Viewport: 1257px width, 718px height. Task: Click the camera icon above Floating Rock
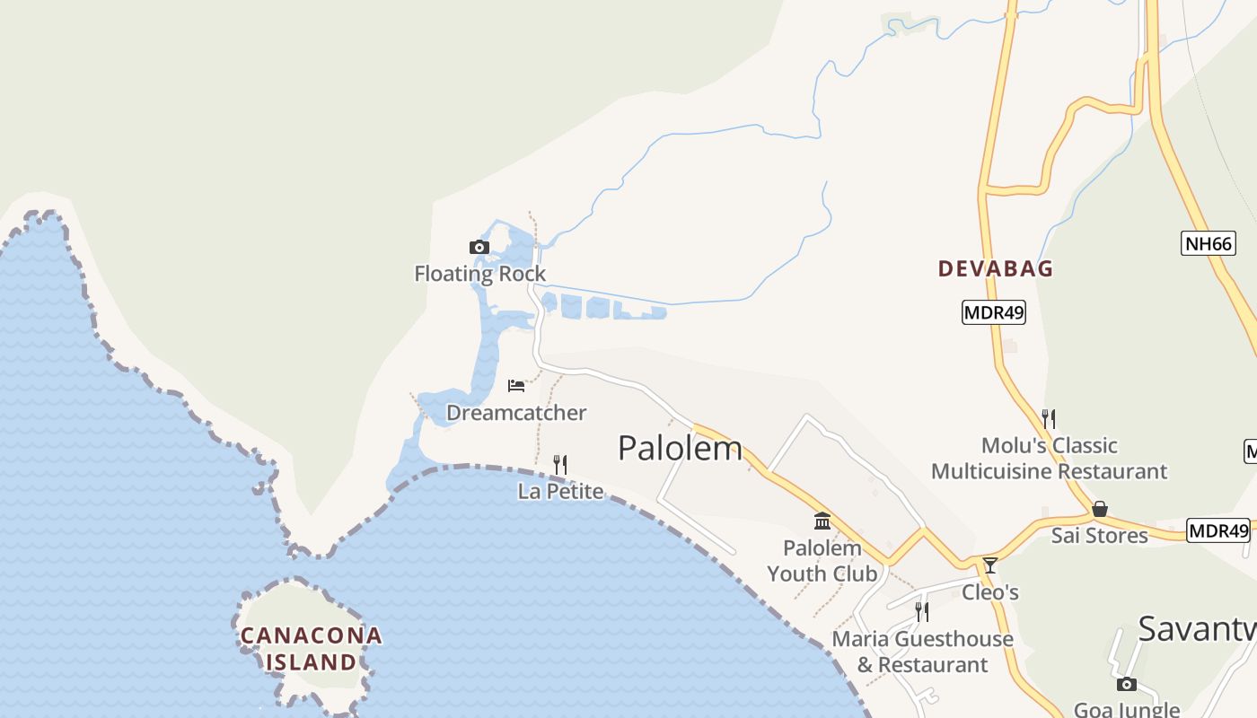click(x=479, y=247)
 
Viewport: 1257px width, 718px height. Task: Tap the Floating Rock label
click(x=479, y=274)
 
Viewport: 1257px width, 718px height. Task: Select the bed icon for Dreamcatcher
click(x=516, y=386)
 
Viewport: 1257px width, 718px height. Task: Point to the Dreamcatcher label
click(x=516, y=413)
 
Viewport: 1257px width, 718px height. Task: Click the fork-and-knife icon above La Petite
click(x=560, y=464)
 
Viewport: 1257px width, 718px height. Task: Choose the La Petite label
click(x=560, y=491)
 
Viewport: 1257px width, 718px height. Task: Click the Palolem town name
click(x=681, y=448)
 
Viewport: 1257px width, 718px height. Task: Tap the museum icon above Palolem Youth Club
click(x=822, y=521)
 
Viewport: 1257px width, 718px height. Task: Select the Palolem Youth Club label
click(x=822, y=560)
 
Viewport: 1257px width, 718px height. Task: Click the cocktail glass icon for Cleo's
click(x=990, y=565)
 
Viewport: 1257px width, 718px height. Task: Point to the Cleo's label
click(x=990, y=592)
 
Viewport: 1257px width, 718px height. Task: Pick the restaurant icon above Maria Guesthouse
click(x=922, y=611)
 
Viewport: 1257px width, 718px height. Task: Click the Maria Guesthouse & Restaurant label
click(x=922, y=652)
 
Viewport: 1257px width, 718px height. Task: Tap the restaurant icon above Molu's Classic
click(x=1049, y=418)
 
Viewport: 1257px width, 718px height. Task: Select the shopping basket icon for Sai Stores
click(x=1100, y=509)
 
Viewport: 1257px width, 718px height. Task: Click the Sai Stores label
click(x=1100, y=536)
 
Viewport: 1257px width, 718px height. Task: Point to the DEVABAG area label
click(x=996, y=268)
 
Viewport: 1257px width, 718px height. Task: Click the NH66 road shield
click(x=1208, y=243)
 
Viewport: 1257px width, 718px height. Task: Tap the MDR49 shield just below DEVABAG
click(x=994, y=312)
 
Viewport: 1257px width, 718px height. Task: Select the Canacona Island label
click(x=311, y=649)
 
